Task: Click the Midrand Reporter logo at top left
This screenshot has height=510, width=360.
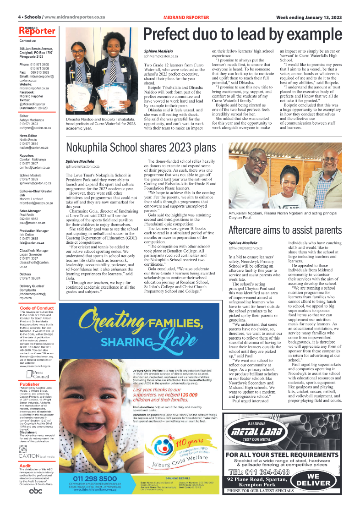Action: click(x=37, y=31)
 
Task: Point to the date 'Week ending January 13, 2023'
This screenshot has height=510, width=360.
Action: click(x=309, y=17)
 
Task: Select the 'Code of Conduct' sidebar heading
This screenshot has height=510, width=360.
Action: click(x=37, y=308)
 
